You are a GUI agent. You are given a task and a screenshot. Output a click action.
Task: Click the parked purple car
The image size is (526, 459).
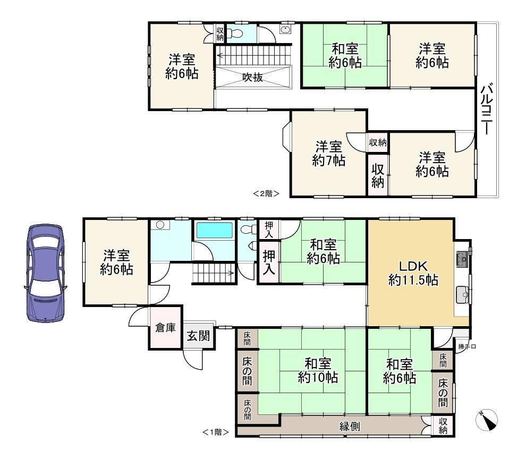coord(45,274)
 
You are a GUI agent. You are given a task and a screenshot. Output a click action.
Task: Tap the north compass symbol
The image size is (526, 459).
coord(486,420)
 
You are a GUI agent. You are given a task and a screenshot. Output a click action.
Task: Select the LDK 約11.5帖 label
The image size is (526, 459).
coord(413,273)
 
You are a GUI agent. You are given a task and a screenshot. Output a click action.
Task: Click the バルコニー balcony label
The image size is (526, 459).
coord(487,109)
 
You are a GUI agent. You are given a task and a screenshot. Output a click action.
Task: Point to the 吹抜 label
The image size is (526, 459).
coord(252,77)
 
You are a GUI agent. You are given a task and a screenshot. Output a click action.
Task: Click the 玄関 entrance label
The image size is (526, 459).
coord(199,336)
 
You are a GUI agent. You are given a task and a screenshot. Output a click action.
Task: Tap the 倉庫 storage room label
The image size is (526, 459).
coord(166,327)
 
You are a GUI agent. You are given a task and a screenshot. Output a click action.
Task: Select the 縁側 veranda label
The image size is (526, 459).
coord(350,426)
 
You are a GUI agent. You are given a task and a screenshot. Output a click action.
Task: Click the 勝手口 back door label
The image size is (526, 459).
coord(467,346)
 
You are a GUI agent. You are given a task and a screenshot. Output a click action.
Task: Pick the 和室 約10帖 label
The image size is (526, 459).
coord(318,370)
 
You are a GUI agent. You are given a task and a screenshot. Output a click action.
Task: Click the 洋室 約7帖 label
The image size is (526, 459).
coord(329,154)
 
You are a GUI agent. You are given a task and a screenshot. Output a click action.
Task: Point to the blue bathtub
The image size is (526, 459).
coord(214,230)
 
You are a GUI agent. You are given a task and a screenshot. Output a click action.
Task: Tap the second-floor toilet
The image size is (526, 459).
coord(235,33)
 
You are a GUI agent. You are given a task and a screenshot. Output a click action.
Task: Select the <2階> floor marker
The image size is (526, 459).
coord(266,193)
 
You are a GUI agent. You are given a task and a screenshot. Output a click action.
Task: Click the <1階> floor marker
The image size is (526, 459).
coord(216,432)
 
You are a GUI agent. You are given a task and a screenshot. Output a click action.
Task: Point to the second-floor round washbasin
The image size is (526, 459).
coord(285,30)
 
